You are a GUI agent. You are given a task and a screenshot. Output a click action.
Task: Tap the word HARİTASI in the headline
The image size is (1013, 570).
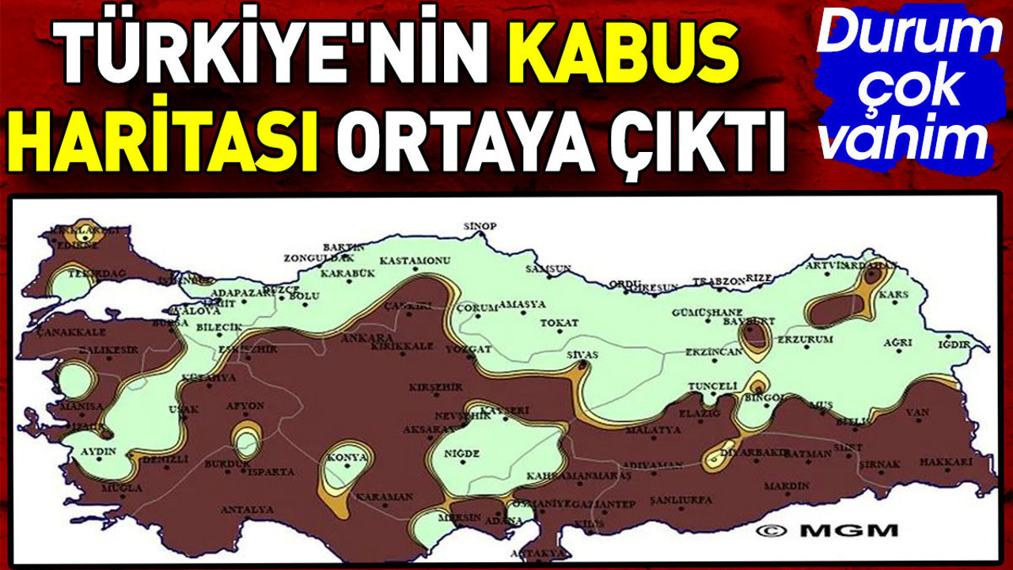(x=168, y=142)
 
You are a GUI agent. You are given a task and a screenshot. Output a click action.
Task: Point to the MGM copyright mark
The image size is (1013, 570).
(x=826, y=530)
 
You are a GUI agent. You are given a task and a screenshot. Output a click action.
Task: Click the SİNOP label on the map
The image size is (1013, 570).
(x=480, y=227)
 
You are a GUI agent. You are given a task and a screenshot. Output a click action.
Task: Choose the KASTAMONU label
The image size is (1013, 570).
(x=415, y=261)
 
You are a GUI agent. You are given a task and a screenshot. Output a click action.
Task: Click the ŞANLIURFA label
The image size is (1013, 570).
(x=681, y=500)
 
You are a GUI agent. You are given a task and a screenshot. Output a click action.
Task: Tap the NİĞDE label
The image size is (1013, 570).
(x=462, y=453)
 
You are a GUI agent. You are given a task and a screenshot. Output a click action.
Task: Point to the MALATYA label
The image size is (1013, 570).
(x=653, y=431)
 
